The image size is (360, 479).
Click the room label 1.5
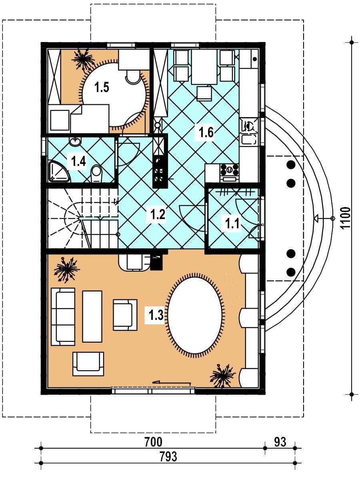(x=102, y=88)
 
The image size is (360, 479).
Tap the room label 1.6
(x=206, y=133)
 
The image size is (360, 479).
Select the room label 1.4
(x=78, y=161)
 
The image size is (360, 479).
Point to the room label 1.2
(x=158, y=214)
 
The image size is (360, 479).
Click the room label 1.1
(x=232, y=224)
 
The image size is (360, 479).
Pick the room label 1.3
(x=156, y=315)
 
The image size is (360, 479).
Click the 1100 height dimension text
(x=345, y=218)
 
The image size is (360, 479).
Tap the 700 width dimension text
(x=154, y=442)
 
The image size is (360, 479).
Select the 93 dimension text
(x=280, y=442)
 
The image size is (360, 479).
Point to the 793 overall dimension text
(x=168, y=456)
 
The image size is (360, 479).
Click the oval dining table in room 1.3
(x=195, y=315)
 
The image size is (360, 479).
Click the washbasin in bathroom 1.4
(x=75, y=142)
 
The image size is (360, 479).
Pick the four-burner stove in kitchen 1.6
(x=230, y=170)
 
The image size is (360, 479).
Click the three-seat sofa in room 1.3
(x=63, y=317)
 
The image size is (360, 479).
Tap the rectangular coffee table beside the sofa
(x=92, y=316)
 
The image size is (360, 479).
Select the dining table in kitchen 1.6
(x=204, y=67)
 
